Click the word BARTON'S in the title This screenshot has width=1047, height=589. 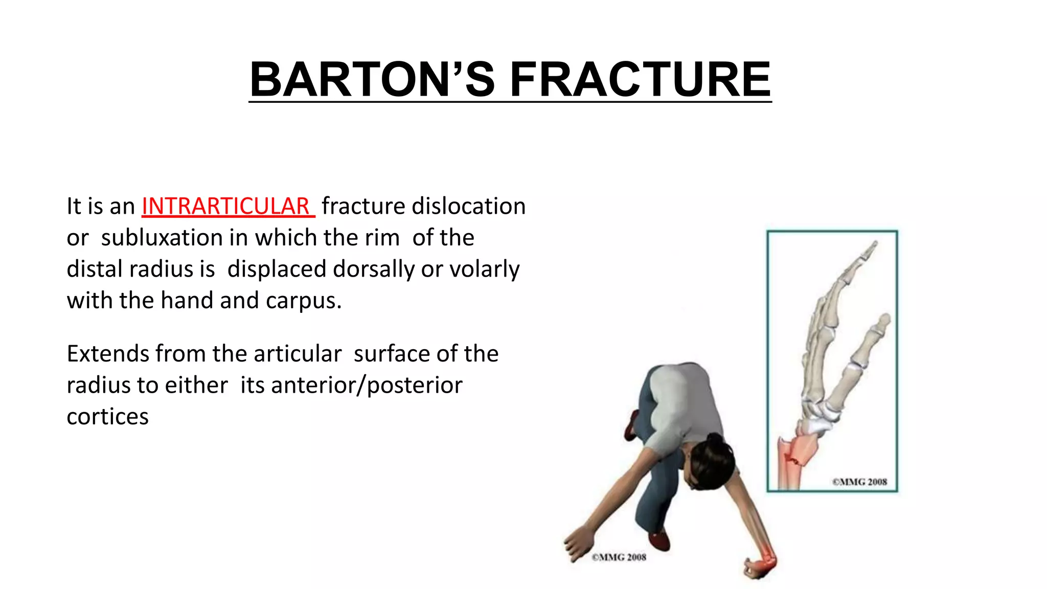[x=372, y=80]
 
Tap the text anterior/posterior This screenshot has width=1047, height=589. [x=367, y=385]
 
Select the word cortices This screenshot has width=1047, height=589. [x=107, y=417]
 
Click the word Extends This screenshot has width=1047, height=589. [x=108, y=354]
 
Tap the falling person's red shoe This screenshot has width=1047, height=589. [x=659, y=541]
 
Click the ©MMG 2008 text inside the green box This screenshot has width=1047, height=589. [x=859, y=482]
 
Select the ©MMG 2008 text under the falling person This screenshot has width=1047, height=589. [x=619, y=557]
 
